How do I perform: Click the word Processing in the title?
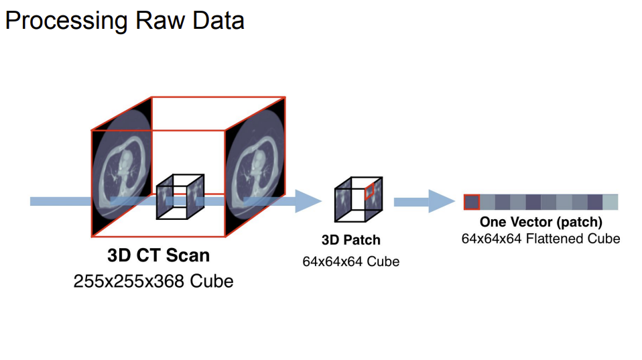tap(63, 21)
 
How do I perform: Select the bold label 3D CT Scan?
tap(158, 256)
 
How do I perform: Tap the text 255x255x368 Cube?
tap(153, 280)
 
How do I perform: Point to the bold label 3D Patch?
tap(350, 240)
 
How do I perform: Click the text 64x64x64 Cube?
tap(350, 261)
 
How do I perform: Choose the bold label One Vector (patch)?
tap(540, 222)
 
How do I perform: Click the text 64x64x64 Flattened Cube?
tap(540, 238)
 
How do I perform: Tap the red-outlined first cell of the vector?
tap(471, 202)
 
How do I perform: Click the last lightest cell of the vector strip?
tap(610, 202)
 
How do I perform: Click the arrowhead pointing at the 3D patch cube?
tap(308, 201)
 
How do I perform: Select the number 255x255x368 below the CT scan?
tap(129, 280)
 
